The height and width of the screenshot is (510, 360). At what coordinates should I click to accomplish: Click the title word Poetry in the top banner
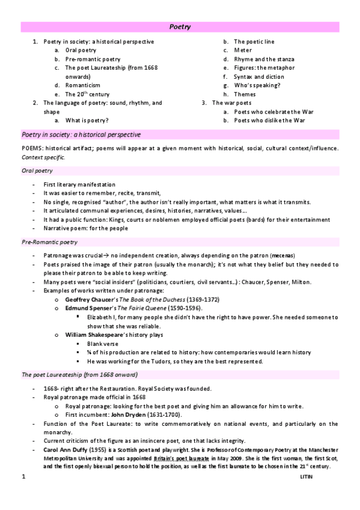tap(180, 26)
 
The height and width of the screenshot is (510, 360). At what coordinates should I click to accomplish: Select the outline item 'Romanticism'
tap(83, 85)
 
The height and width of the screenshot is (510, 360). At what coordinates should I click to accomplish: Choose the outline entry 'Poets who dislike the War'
tap(270, 120)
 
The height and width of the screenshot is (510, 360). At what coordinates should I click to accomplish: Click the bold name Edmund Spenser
tap(88, 307)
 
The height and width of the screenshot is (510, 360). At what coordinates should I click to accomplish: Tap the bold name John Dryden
tap(127, 415)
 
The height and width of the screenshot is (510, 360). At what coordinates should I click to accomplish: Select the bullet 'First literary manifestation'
tap(79, 184)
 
